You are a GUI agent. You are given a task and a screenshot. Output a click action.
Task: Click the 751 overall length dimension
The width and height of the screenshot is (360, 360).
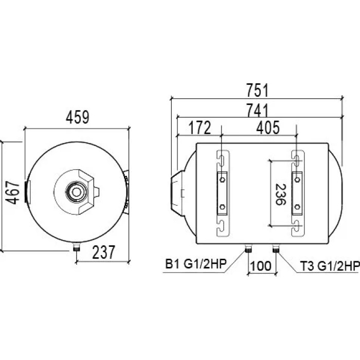pyautogui.click(x=257, y=90)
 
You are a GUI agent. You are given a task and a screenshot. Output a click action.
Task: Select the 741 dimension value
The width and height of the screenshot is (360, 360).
pyautogui.click(x=257, y=110)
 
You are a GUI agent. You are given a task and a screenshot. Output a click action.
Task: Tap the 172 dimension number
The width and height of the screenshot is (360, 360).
pyautogui.click(x=200, y=128)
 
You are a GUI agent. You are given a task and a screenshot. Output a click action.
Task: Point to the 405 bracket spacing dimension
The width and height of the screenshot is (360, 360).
pyautogui.click(x=268, y=128)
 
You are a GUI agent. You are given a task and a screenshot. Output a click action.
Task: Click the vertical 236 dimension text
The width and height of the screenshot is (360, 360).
pyautogui.click(x=280, y=194)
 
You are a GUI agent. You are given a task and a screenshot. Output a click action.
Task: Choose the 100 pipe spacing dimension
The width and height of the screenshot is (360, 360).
pyautogui.click(x=261, y=266)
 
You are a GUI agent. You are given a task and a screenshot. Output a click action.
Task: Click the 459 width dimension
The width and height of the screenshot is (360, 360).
pyautogui.click(x=77, y=117)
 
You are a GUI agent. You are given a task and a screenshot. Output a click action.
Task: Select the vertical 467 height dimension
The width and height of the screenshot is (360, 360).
pyautogui.click(x=12, y=192)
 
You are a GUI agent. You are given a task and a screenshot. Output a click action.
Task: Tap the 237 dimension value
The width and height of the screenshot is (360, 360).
pyautogui.click(x=103, y=252)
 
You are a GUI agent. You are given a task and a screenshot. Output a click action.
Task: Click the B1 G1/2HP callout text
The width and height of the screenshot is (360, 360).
pyautogui.click(x=196, y=264)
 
